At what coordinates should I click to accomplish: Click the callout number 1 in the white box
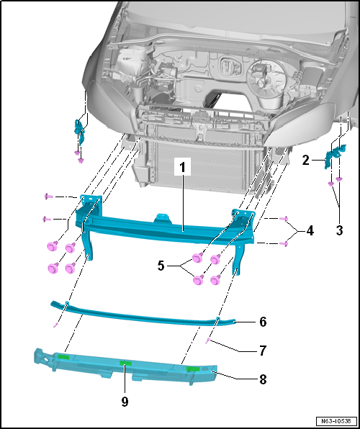pos(181,168)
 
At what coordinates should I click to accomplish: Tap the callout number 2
pos(305,161)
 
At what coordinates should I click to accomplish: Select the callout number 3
pos(339,230)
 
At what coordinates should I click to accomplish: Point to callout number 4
pos(310,232)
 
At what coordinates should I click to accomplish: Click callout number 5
pos(161,266)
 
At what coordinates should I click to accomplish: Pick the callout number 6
pos(263,322)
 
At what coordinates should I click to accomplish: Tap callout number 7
pos(263,351)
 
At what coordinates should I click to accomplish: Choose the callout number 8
pos(263,379)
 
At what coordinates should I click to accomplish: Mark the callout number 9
pos(125,402)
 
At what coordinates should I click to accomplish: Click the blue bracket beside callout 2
pos(335,155)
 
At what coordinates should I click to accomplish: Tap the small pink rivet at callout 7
pos(209,340)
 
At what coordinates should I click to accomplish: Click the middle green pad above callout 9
pos(126,363)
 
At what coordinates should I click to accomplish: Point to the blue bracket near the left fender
pos(80,131)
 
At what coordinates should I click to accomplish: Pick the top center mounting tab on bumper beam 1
pos(163,218)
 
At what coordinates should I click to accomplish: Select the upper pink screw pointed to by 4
pos(284,219)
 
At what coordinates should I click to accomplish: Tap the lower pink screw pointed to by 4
pos(284,243)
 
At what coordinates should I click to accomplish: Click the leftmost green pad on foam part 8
pos(64,356)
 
